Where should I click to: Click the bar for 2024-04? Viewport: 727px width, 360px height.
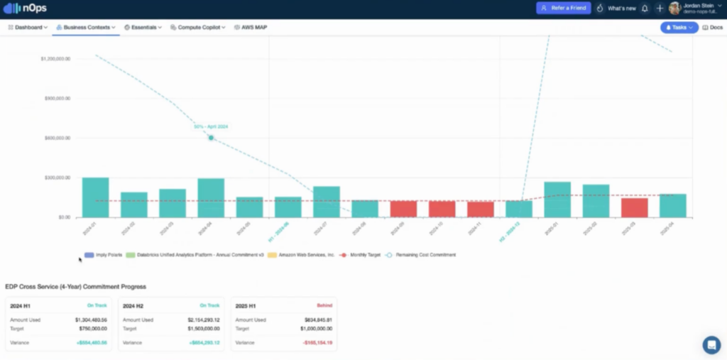pyautogui.click(x=211, y=197)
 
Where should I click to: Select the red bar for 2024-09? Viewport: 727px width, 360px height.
pyautogui.click(x=403, y=209)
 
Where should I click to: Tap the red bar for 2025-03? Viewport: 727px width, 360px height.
pyautogui.click(x=634, y=207)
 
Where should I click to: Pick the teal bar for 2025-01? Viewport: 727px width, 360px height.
pyautogui.click(x=557, y=200)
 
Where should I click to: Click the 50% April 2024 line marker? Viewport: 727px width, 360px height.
pyautogui.click(x=211, y=138)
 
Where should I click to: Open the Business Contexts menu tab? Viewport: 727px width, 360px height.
pyautogui.click(x=86, y=27)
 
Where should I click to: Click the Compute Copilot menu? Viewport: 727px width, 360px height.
pyautogui.click(x=198, y=27)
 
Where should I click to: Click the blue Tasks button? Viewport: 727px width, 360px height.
pyautogui.click(x=679, y=27)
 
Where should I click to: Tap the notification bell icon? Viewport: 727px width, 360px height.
pyautogui.click(x=645, y=9)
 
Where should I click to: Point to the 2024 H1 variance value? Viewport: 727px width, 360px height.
pyautogui.click(x=90, y=342)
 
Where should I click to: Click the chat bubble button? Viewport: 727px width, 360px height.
pyautogui.click(x=711, y=345)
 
